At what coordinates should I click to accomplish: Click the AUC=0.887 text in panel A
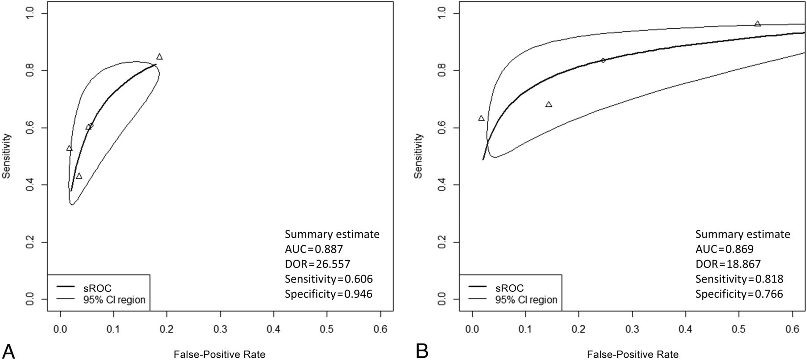(x=314, y=249)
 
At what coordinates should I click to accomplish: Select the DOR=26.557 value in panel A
(x=317, y=264)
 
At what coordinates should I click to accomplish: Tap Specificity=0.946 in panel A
(x=329, y=294)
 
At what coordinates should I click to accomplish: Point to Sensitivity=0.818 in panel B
(x=739, y=279)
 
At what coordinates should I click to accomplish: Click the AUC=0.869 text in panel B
(x=725, y=249)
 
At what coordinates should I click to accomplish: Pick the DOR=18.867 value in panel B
(x=728, y=264)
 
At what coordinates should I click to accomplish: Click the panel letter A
(x=9, y=351)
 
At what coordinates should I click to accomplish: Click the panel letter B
(x=422, y=351)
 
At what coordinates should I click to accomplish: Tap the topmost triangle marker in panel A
(x=159, y=57)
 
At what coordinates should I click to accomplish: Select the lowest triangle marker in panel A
(x=79, y=176)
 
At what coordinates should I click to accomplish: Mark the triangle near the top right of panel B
(x=757, y=24)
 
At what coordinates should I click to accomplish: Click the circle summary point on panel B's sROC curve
(x=603, y=60)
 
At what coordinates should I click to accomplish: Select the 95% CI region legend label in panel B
(x=526, y=300)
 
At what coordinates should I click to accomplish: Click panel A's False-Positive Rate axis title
(x=220, y=354)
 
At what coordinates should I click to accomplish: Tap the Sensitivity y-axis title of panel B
(x=418, y=156)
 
